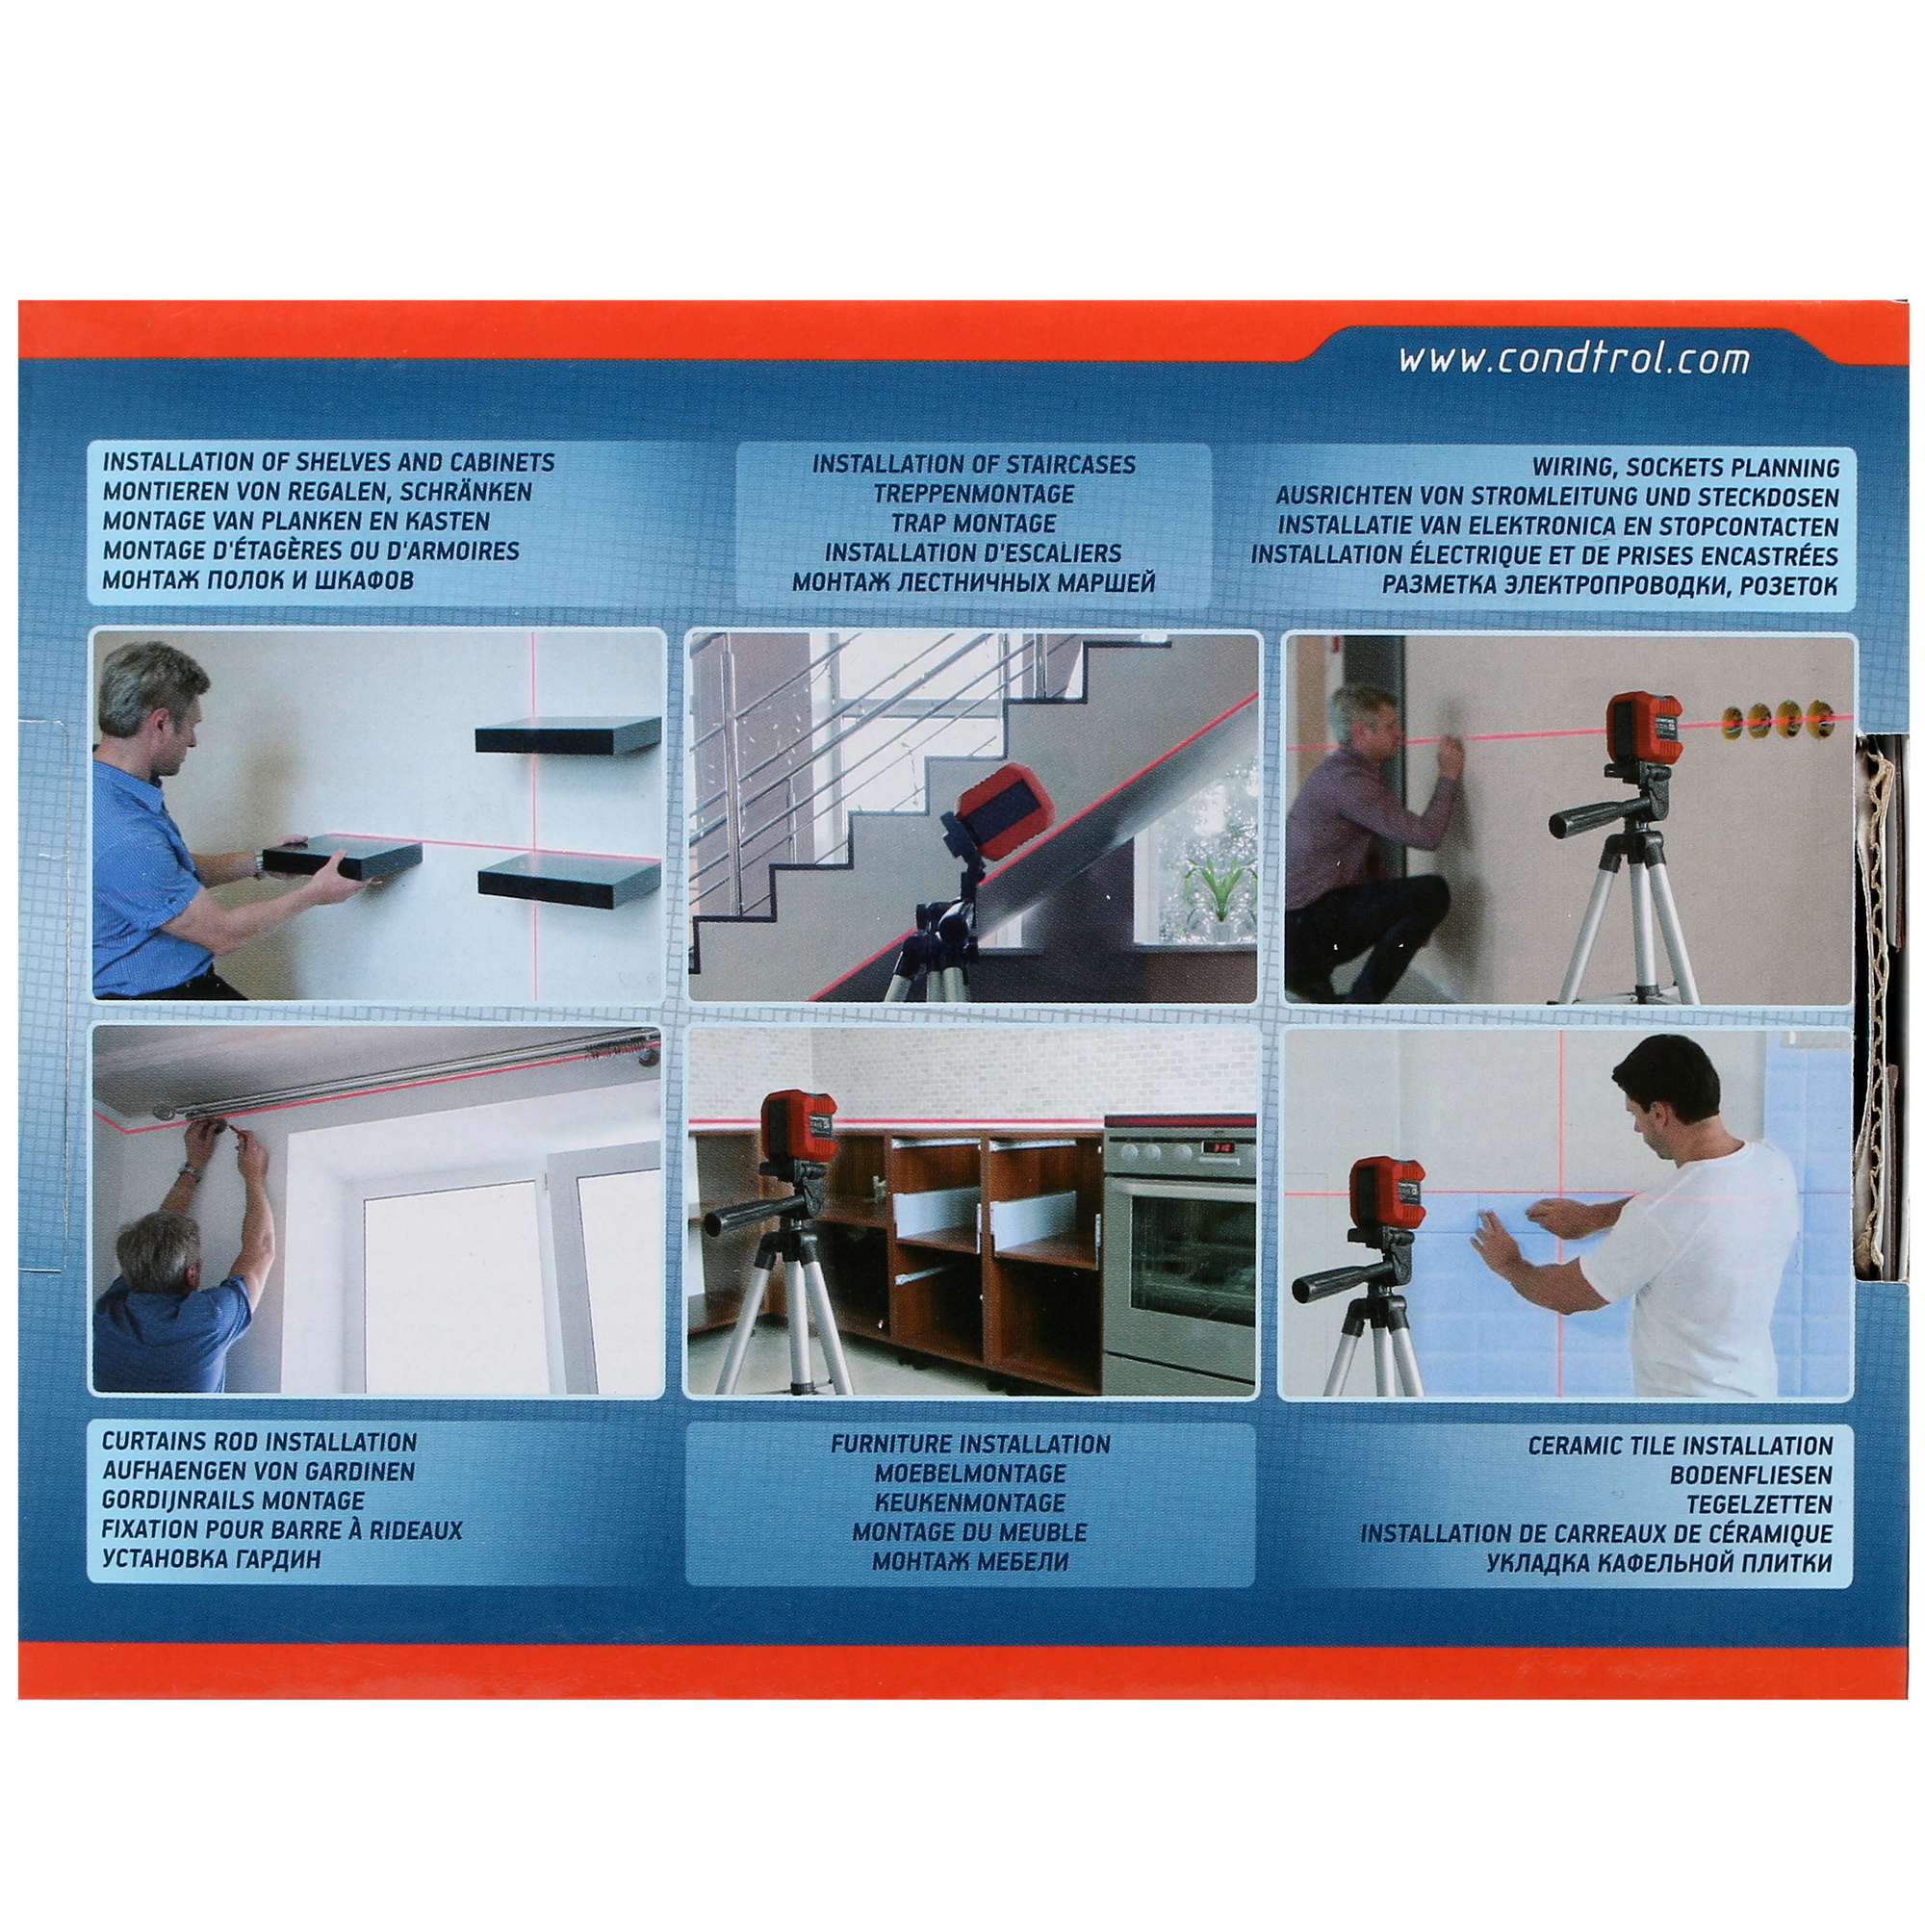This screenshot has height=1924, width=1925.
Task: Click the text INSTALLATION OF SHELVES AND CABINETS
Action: coord(329,462)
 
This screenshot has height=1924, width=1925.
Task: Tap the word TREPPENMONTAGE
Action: coord(973,493)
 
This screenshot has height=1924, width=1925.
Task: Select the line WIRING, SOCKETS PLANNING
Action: coord(1686,468)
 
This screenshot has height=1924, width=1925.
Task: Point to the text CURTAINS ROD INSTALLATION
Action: coord(259,1442)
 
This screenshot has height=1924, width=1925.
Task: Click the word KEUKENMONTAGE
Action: coord(969,1502)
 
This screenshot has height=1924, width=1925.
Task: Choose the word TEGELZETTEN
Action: coord(1758,1504)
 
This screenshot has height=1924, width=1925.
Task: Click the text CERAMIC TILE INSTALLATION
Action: coord(1680,1446)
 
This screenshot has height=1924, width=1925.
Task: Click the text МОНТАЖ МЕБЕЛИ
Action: coord(969,1561)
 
